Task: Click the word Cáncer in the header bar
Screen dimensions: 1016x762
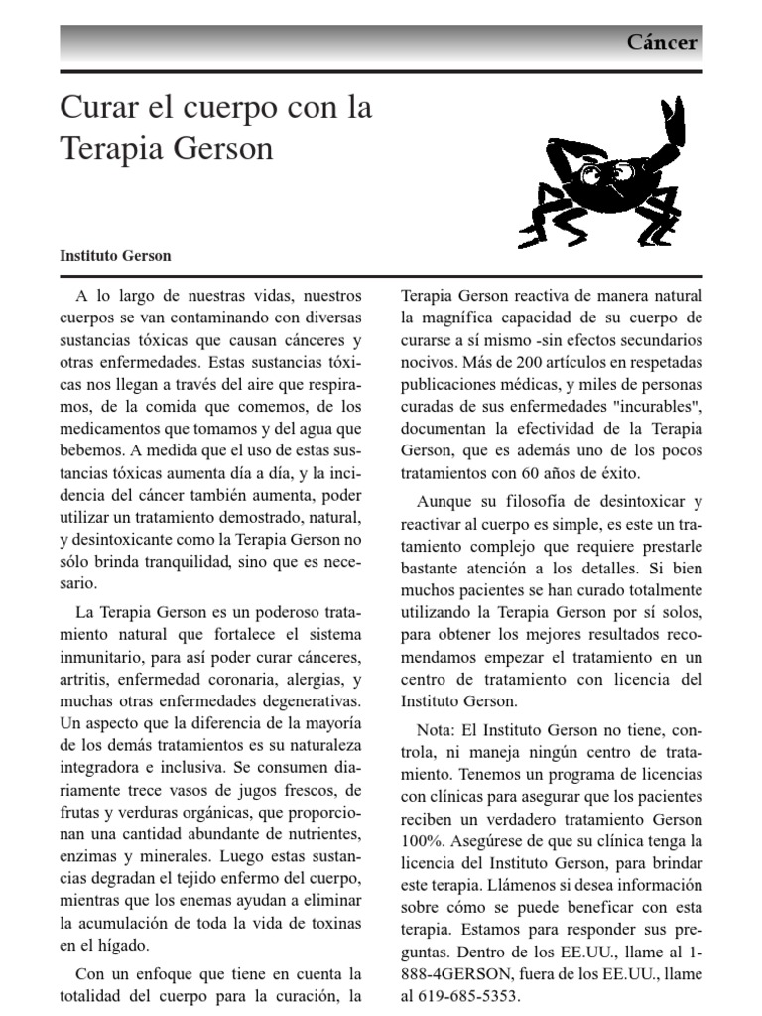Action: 662,43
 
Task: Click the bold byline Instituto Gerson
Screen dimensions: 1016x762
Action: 115,255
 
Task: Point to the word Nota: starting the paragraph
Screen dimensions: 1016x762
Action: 441,730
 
